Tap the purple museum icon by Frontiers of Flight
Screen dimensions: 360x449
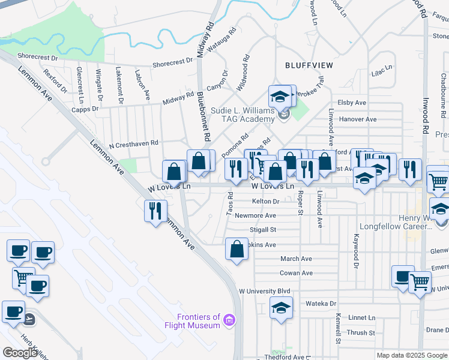pyautogui.click(x=228, y=322)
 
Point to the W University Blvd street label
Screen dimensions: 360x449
pyautogui.click(x=265, y=291)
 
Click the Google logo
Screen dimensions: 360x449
pyautogui.click(x=20, y=352)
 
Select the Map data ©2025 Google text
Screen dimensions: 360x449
pyautogui.click(x=411, y=355)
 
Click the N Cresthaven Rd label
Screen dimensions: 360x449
pyautogui.click(x=133, y=144)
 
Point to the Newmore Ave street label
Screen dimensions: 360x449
pyautogui.click(x=255, y=215)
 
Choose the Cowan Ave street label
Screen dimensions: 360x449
pyautogui.click(x=296, y=273)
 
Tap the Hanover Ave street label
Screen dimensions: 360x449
pyautogui.click(x=357, y=119)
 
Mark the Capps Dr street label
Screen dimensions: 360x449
pyautogui.click(x=85, y=109)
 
